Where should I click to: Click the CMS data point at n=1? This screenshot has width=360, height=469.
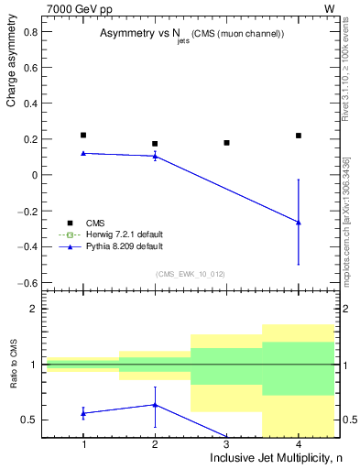(83, 135)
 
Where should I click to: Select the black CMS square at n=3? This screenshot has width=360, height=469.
(226, 143)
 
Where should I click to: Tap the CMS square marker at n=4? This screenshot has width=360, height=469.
(299, 136)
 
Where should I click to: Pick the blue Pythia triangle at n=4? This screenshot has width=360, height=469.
(299, 222)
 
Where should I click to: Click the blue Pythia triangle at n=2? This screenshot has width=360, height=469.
(155, 156)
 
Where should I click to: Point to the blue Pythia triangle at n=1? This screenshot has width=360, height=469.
(83, 153)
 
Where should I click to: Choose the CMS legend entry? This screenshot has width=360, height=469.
(95, 223)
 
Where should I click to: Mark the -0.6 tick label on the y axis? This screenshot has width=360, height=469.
(28, 282)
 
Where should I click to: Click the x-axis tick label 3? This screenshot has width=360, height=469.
(226, 444)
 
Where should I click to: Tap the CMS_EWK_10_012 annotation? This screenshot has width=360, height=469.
(191, 274)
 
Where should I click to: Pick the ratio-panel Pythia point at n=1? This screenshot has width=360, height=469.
(83, 413)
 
